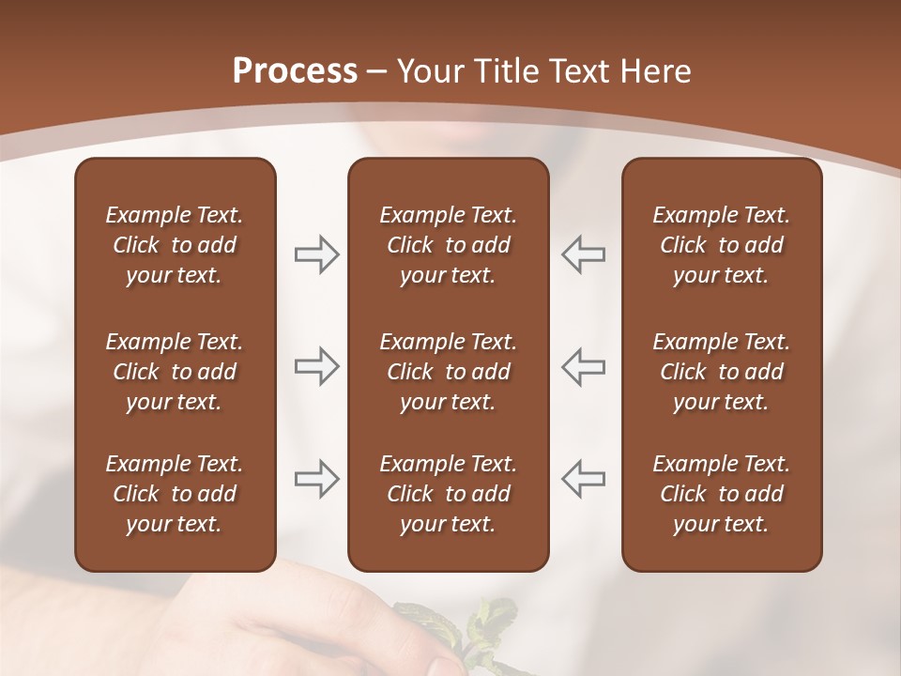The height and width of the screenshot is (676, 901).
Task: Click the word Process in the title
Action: [295, 71]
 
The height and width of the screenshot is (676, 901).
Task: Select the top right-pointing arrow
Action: [316, 254]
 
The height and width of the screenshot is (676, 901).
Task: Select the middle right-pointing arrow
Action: [316, 366]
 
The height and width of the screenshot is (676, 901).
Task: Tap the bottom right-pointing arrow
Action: [316, 479]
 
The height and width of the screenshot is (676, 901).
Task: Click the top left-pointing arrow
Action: [584, 254]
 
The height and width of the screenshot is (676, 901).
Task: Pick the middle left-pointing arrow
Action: [584, 366]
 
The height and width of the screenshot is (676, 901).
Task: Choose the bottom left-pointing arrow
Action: [584, 479]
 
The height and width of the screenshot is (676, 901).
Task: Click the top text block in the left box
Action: [175, 245]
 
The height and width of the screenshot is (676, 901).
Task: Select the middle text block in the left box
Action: [175, 372]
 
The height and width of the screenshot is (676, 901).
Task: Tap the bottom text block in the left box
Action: [175, 494]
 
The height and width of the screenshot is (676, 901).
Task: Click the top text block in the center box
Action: [448, 245]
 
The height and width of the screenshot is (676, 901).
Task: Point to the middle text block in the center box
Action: [448, 372]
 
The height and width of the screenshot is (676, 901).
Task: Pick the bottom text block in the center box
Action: [448, 494]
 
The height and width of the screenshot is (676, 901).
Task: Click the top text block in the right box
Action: [721, 245]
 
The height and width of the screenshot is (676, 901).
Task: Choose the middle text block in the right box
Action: [721, 372]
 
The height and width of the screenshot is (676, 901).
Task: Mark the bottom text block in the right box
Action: [721, 494]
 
